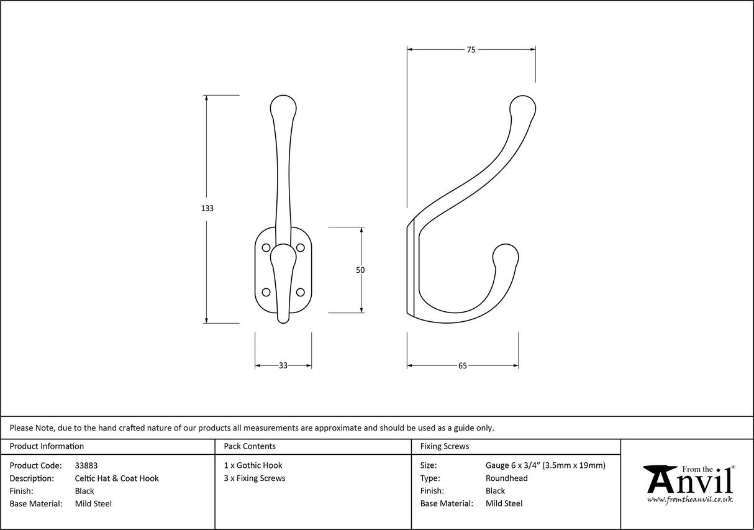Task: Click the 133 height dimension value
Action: [207, 209]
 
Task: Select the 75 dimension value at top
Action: [471, 50]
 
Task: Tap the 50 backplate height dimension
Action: [360, 270]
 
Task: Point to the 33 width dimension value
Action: [283, 366]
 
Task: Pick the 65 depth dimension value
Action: [463, 366]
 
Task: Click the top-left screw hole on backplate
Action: [266, 248]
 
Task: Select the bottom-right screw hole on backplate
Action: [301, 292]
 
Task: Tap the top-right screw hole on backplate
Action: [301, 248]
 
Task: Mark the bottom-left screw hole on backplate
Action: [266, 292]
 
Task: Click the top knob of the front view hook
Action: [283, 107]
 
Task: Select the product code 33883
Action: [86, 465]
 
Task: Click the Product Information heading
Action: [47, 446]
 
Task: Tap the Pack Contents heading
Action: [250, 446]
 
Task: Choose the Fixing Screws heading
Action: [445, 446]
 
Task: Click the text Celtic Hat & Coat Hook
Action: [117, 478]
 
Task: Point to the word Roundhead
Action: [507, 478]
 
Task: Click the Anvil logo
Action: [688, 483]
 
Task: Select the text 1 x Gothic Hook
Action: [253, 465]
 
